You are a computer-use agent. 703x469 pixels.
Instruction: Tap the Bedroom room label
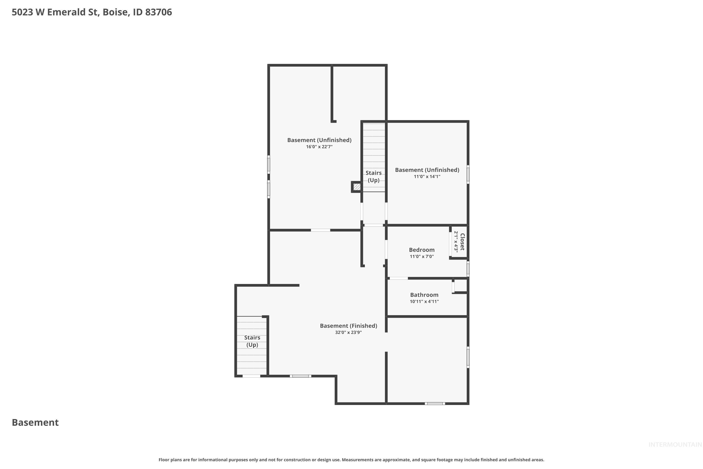pos(422,250)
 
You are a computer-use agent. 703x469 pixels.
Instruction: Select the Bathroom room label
pos(424,295)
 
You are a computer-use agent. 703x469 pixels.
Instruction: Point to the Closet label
pos(462,242)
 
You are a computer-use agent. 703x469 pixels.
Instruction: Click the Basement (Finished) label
pos(348,326)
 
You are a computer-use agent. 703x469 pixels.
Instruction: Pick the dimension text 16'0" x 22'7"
pos(319,147)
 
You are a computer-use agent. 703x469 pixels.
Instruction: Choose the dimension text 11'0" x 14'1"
pos(427,177)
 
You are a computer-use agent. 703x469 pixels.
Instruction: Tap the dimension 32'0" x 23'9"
pos(348,332)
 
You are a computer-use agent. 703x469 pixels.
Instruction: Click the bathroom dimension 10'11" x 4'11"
pos(424,302)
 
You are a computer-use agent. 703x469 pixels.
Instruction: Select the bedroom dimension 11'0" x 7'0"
pos(422,256)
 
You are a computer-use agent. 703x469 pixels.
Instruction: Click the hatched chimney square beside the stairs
pos(357,187)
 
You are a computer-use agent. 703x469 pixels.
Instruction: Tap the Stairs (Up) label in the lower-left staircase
pos(252,341)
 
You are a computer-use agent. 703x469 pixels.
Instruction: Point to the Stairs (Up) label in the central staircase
pos(374,177)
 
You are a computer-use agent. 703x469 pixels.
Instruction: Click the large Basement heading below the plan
pos(35,422)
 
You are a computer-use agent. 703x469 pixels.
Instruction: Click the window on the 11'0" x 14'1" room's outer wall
pos(468,174)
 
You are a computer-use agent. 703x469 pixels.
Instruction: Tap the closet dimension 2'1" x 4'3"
pos(456,241)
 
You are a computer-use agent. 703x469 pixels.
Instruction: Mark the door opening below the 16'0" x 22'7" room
pos(320,230)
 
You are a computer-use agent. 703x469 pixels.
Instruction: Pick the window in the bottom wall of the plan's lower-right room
pos(435,404)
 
